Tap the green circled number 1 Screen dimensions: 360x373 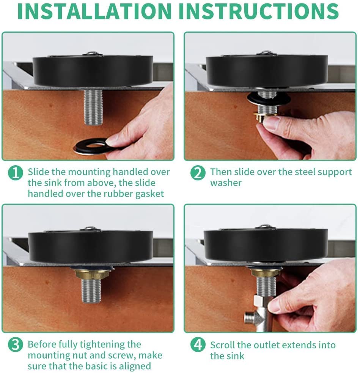pyautogui.click(x=16, y=173)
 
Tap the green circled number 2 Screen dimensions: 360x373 pyautogui.click(x=198, y=173)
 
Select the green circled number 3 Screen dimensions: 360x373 pyautogui.click(x=16, y=345)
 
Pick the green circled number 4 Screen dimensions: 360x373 pyautogui.click(x=198, y=345)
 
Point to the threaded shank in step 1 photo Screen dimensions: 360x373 pyautogui.click(x=93, y=107)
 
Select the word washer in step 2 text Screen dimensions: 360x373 pyautogui.click(x=226, y=183)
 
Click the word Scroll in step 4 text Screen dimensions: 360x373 pyautogui.click(x=222, y=345)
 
